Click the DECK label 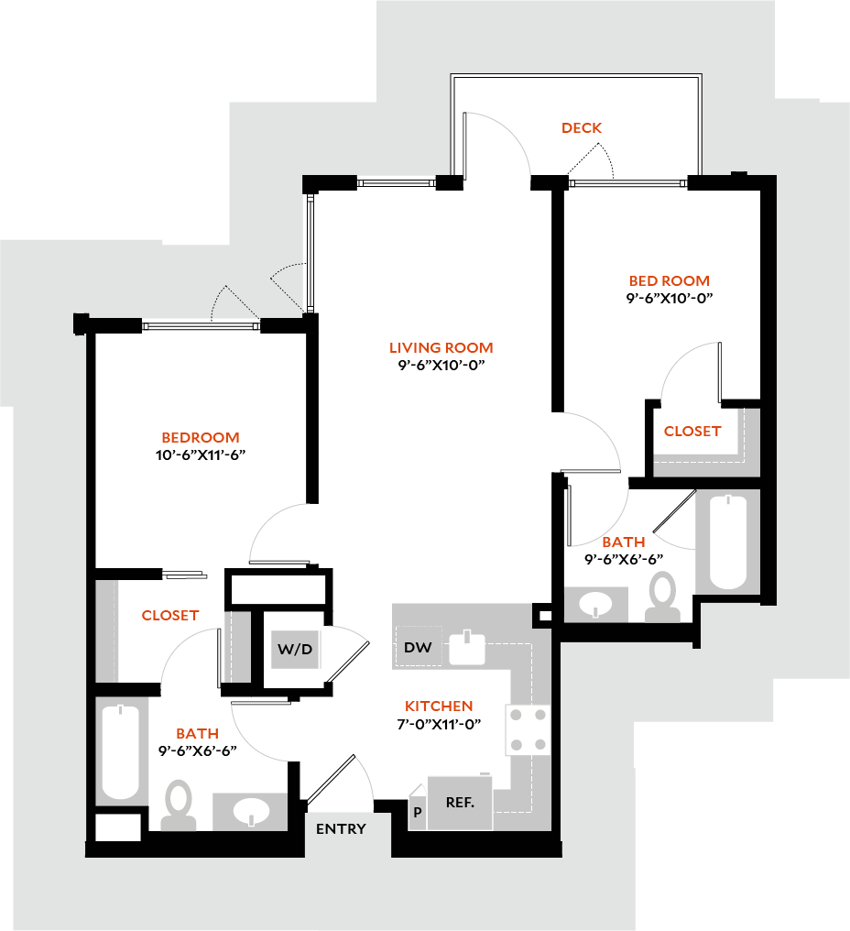582,128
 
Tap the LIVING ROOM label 441,348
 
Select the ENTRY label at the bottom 341,829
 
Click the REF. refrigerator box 459,803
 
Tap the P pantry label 418,812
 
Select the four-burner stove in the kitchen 529,729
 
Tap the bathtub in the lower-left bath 120,751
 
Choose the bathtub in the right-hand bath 729,542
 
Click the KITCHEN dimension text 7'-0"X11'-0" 439,724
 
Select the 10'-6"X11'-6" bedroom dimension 201,455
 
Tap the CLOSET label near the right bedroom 692,431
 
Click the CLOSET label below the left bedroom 170,616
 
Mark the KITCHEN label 439,706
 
